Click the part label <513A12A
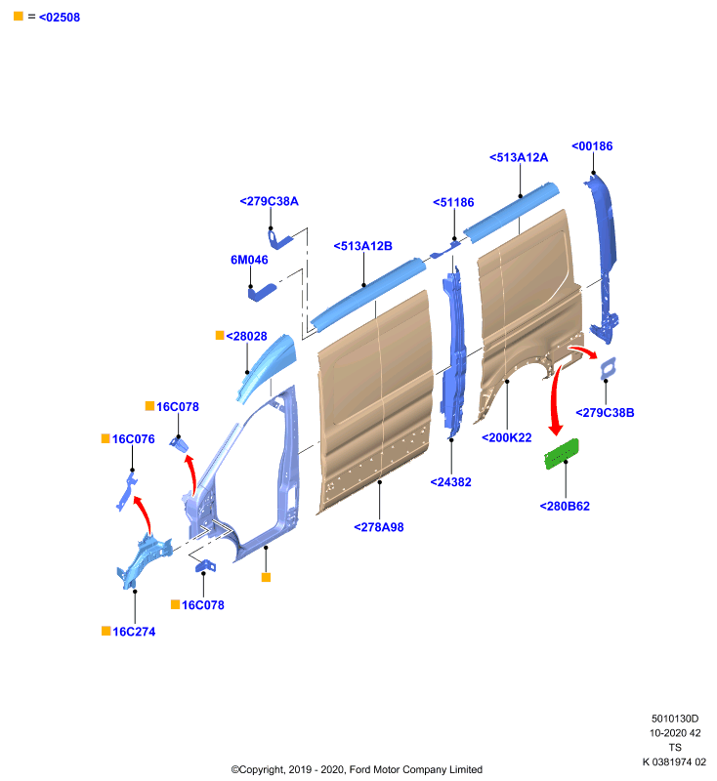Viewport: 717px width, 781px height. tap(519, 157)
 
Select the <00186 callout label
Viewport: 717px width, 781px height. tap(592, 145)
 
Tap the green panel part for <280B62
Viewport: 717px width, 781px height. tap(562, 454)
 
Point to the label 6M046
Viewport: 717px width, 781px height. tap(249, 260)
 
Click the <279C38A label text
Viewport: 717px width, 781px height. tap(269, 201)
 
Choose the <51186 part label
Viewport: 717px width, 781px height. tap(453, 202)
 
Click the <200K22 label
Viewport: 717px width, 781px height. tap(507, 437)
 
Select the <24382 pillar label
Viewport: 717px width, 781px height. tap(451, 481)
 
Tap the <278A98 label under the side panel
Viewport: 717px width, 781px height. tap(379, 527)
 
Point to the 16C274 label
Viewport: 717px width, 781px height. tap(134, 632)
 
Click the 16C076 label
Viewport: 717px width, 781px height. tap(133, 438)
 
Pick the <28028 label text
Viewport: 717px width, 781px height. tap(246, 336)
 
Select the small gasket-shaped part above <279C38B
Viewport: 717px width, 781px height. tap(609, 369)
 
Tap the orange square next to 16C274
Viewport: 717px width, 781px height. tap(106, 631)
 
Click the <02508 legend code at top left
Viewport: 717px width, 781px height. tap(60, 18)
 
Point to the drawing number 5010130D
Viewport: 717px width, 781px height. tap(675, 719)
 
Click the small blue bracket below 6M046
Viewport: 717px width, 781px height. tap(262, 292)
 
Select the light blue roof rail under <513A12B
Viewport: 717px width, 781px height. tap(368, 294)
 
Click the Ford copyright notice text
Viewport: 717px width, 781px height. tap(357, 769)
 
